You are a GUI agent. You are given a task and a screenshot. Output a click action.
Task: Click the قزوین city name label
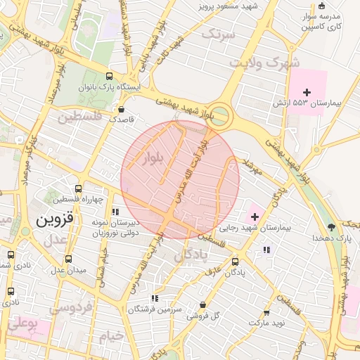(x=54, y=219)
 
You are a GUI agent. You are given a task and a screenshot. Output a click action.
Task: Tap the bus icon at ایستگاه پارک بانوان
(x=108, y=76)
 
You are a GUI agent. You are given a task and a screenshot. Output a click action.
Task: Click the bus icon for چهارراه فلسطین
(x=78, y=188)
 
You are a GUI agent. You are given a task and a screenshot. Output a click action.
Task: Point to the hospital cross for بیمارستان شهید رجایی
(x=255, y=217)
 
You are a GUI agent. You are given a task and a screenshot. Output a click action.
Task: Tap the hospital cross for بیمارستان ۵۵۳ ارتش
(x=307, y=92)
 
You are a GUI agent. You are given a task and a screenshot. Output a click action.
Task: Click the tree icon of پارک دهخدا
(x=332, y=226)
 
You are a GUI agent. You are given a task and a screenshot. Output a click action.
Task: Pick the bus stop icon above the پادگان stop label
(x=235, y=262)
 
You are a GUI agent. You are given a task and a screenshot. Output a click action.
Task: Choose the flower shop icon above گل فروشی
(x=203, y=304)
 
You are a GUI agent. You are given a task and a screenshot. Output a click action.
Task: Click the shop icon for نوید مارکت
(x=266, y=313)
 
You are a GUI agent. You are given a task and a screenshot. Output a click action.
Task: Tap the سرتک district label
(x=217, y=33)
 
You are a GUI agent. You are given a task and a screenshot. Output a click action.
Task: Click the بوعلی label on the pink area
(x=22, y=325)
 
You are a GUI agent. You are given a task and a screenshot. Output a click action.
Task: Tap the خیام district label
(x=111, y=337)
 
